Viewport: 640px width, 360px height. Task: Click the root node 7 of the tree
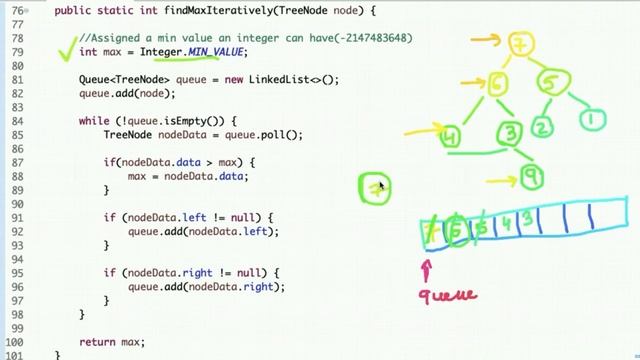coord(521,46)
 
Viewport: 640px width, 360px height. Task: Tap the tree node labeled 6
coord(497,85)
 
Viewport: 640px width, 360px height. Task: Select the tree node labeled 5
coord(550,84)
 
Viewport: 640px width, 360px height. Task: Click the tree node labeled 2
coord(541,127)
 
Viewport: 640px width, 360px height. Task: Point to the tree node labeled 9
coord(531,178)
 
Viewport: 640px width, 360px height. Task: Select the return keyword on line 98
coord(96,342)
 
